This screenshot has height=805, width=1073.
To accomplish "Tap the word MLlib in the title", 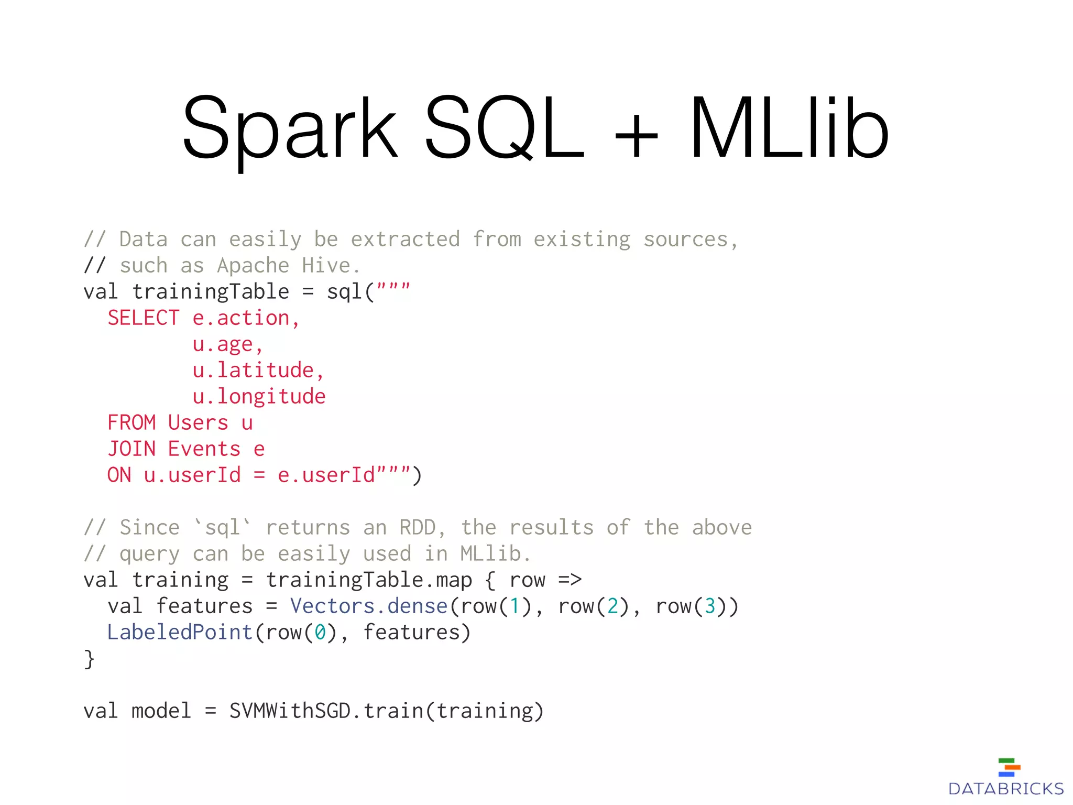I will (789, 128).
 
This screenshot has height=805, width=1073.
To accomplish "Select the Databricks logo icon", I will (1009, 767).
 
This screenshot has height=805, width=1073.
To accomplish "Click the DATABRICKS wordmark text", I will (1006, 789).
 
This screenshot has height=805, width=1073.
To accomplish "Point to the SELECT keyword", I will (143, 318).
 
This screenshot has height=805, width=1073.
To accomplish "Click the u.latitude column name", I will (254, 371).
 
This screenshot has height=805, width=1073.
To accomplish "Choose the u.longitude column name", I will (259, 397).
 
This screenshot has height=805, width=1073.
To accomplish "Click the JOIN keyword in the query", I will (132, 449).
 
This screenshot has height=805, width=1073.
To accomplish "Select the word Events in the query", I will (204, 449).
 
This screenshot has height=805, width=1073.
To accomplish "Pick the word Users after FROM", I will (198, 423).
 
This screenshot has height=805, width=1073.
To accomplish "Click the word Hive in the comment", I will (326, 266).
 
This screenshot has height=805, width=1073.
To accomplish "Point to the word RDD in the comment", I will (417, 528).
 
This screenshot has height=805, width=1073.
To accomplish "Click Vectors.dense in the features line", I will (369, 606).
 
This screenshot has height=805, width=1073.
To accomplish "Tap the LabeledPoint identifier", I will (180, 633).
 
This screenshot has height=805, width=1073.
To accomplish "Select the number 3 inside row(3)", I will (710, 606).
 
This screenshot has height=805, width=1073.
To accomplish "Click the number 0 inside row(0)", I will (320, 633).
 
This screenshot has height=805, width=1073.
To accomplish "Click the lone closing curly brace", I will (89, 659).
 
